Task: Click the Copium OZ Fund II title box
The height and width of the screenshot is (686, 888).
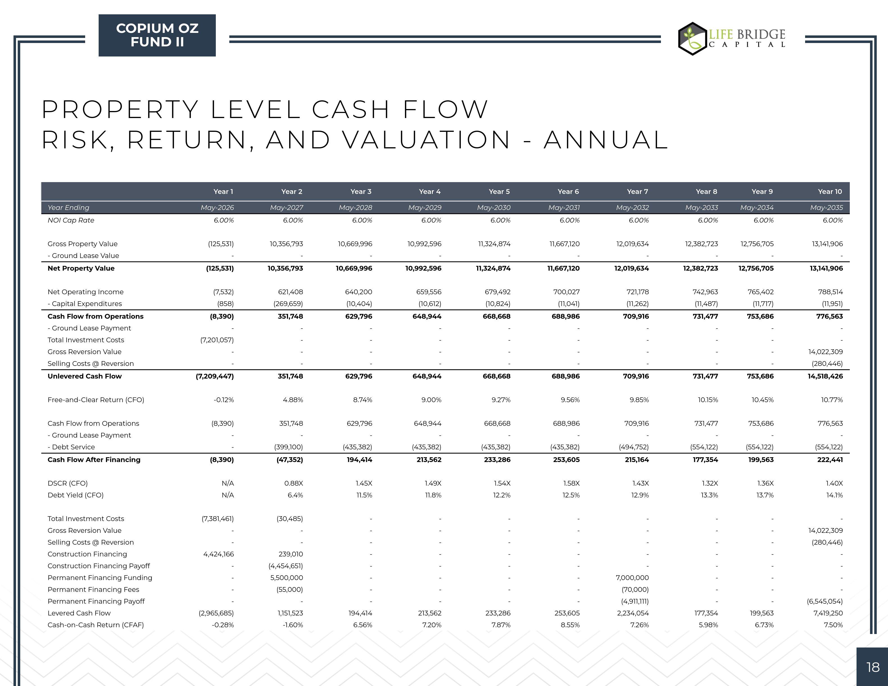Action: point(157,35)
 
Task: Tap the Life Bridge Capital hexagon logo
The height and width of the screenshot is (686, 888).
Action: point(692,39)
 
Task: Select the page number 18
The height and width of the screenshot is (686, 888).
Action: point(873,667)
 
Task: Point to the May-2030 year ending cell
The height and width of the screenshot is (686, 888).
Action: point(494,207)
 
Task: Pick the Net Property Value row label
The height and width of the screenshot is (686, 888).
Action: point(81,268)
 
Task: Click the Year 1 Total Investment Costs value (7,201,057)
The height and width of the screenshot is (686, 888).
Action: point(217,340)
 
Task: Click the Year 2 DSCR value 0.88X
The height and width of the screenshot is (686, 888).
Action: point(294,483)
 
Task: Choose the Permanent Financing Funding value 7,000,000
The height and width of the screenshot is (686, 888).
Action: point(632,578)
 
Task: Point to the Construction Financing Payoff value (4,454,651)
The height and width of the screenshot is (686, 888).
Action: point(286,566)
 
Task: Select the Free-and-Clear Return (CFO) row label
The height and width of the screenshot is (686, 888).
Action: point(96,400)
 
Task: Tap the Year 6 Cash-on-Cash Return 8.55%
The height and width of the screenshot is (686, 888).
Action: point(570,625)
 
